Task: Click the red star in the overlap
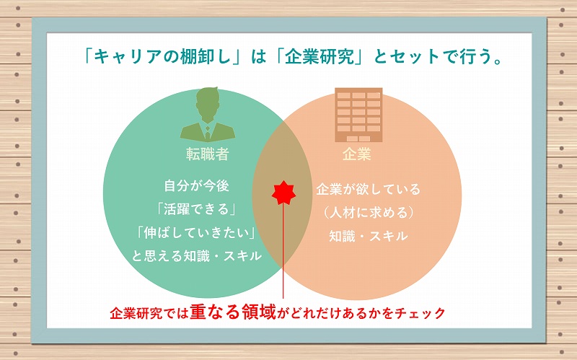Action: tap(283, 193)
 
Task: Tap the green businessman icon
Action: tap(208, 114)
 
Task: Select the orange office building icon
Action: tap(358, 115)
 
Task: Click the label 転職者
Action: tap(208, 154)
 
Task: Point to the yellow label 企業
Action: tap(356, 154)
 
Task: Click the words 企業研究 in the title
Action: tap(320, 57)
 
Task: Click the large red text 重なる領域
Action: tap(233, 312)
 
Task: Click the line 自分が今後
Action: tap(196, 185)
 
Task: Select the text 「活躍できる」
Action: tap(196, 208)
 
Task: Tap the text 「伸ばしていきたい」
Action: tap(196, 232)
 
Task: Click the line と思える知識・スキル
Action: tap(197, 256)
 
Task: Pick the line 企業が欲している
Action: tap(369, 189)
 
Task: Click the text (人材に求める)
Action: tap(369, 213)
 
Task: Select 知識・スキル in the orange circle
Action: tap(369, 236)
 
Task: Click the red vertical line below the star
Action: tap(283, 251)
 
